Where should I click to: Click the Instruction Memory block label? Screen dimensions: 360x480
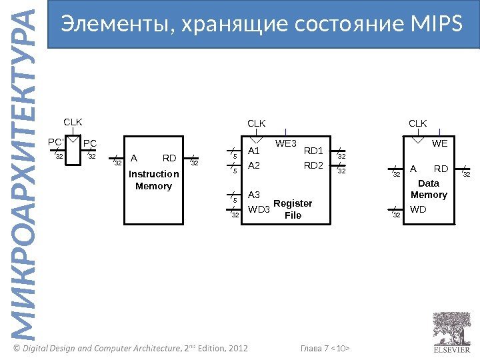[153, 180]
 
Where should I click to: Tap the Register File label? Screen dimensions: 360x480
[293, 209]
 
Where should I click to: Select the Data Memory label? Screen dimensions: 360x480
[429, 189]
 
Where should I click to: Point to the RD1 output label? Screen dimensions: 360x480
[313, 151]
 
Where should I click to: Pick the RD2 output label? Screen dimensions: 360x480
[313, 165]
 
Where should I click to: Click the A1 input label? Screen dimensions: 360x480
[254, 151]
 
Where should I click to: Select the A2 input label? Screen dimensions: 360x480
[254, 165]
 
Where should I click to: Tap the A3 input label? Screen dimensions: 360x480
[254, 195]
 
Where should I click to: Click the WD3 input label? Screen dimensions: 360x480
[259, 210]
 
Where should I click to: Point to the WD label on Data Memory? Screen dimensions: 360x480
[418, 210]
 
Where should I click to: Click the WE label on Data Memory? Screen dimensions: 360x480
[439, 143]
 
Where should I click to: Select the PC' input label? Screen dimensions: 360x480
[55, 143]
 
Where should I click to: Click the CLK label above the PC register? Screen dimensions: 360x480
[73, 123]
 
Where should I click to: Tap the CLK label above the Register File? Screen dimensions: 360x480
[257, 123]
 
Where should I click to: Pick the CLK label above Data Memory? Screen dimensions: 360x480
[417, 123]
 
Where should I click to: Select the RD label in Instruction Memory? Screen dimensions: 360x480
[169, 159]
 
